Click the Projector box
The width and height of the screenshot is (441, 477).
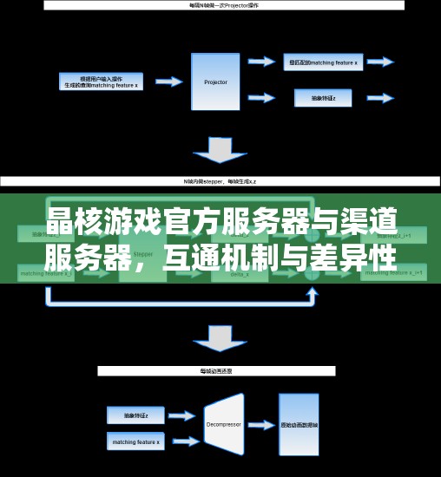point(216,82)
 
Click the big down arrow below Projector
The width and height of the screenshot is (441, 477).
point(219,150)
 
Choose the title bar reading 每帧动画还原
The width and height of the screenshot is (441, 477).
point(216,370)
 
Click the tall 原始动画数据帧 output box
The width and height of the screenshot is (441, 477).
point(299,425)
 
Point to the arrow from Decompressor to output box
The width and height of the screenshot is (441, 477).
point(260,426)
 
